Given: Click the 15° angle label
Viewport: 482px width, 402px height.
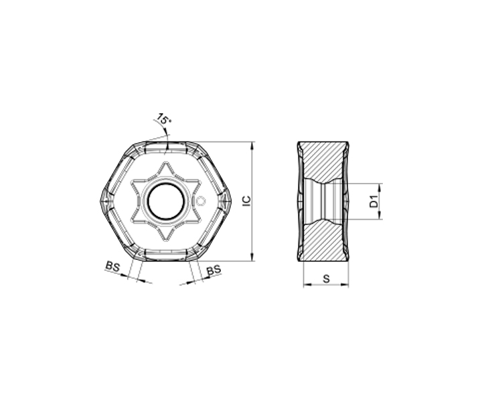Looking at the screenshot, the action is pyautogui.click(x=163, y=119).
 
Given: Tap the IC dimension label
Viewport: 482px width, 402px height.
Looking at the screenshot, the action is pyautogui.click(x=247, y=200).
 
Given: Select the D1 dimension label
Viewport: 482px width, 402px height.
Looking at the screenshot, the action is pyautogui.click(x=374, y=201).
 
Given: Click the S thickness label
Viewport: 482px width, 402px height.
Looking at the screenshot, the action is pyautogui.click(x=326, y=279).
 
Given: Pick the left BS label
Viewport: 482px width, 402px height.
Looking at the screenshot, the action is pyautogui.click(x=112, y=266).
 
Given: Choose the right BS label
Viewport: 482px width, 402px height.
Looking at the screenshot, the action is pyautogui.click(x=214, y=270).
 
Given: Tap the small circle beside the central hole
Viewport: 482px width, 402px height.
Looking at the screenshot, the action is pyautogui.click(x=201, y=201).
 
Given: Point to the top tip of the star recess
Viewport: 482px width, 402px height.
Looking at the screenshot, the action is pyautogui.click(x=166, y=162).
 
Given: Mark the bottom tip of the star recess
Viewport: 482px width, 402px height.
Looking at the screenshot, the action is pyautogui.click(x=166, y=241).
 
